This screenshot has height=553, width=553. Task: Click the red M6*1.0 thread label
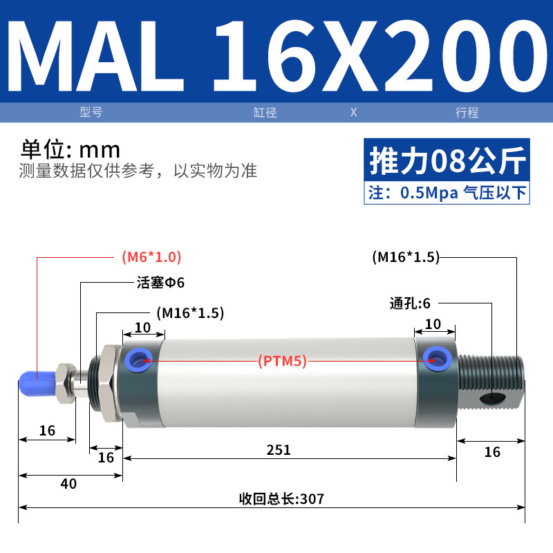151,257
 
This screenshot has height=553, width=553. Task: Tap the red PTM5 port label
282,361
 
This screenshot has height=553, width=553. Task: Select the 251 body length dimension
279,450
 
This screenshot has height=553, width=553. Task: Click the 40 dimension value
68,483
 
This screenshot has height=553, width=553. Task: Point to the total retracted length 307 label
281,499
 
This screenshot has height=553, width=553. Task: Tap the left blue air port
139,360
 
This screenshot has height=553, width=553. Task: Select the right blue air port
438,358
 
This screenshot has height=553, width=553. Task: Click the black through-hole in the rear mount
492,398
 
